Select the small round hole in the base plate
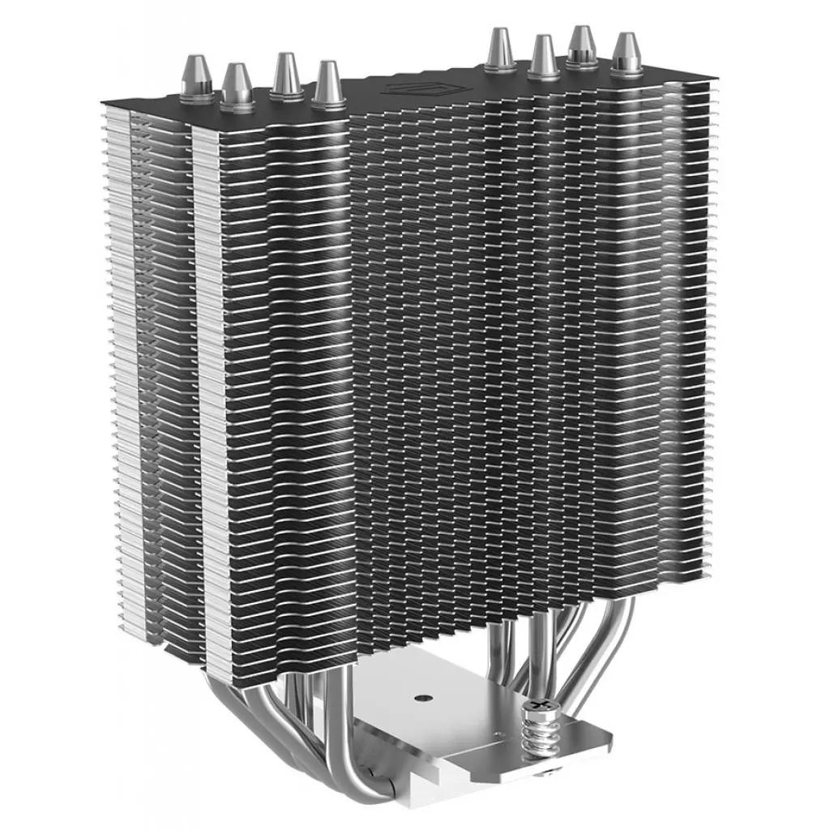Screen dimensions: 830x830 (x=421, y=695)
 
